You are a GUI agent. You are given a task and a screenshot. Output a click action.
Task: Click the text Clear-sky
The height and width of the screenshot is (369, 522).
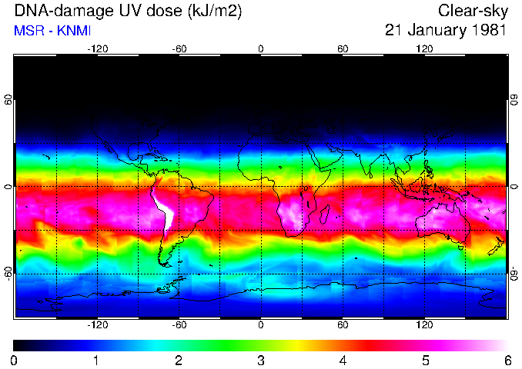(472, 11)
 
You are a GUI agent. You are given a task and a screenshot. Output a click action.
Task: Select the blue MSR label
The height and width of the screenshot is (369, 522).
(28, 32)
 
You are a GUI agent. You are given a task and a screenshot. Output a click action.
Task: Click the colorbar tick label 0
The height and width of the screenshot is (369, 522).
(15, 360)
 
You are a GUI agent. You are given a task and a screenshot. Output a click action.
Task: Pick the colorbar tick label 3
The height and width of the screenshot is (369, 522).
(260, 360)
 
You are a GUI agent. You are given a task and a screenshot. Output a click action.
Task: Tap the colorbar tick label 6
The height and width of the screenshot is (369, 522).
(507, 360)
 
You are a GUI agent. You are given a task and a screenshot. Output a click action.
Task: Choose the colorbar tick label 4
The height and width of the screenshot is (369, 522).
(343, 360)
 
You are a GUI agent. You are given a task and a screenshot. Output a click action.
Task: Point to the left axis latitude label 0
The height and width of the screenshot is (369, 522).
(8, 187)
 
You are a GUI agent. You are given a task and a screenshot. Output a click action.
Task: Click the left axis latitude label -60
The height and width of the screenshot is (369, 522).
(8, 273)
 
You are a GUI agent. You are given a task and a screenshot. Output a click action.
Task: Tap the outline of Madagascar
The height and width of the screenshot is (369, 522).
(325, 214)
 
